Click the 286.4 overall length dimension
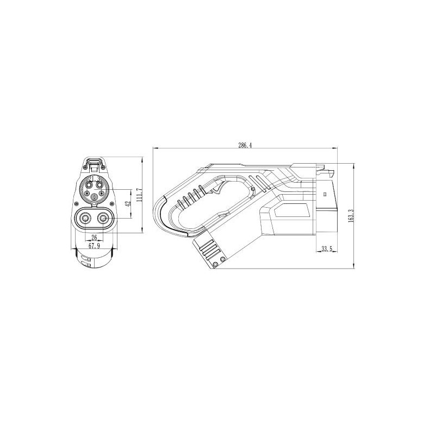pos(245,145)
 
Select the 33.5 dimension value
pos(327,249)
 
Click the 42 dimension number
pos(128,203)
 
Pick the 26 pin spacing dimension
pos(94,238)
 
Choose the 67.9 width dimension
pos(94,246)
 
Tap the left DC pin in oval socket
pos(85,219)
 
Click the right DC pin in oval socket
pos(103,219)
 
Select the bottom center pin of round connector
pos(94,197)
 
